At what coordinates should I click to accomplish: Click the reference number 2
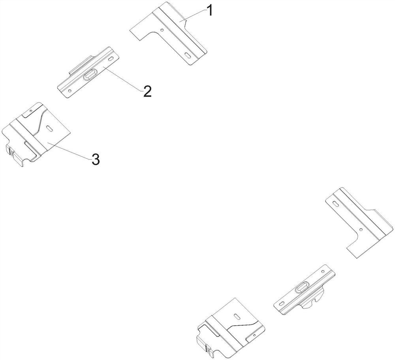click(147, 92)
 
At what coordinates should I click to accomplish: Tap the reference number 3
click(95, 159)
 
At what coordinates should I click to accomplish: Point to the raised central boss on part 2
click(90, 74)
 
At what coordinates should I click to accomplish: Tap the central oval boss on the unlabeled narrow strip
click(303, 287)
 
